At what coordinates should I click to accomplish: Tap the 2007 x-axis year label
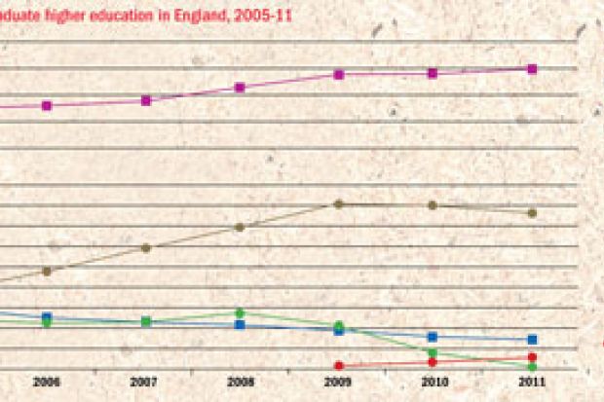coord(144,383)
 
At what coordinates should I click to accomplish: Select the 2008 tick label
coord(240,383)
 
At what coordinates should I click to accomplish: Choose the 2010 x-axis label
coord(434,383)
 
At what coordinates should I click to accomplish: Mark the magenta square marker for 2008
coord(240,88)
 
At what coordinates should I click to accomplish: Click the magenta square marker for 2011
coord(532,68)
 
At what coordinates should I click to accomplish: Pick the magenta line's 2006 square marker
coord(46,105)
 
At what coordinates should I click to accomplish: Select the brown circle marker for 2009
coord(338,203)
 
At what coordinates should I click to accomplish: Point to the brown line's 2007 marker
coord(145,247)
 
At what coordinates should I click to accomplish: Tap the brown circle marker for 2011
coord(532,212)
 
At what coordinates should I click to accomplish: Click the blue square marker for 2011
coord(532,340)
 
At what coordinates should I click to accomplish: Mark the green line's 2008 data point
coord(240,312)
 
